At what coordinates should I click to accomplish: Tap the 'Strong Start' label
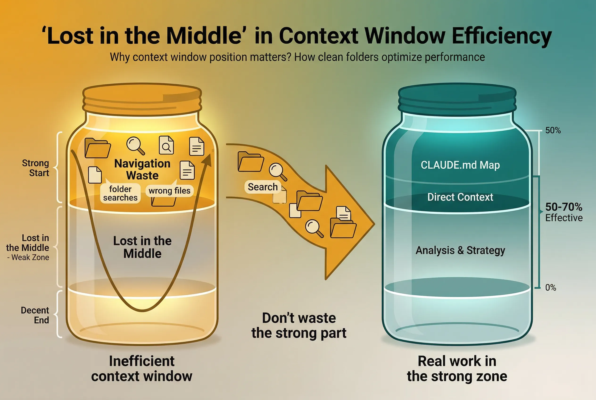click(35, 168)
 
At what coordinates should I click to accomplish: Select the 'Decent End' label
click(35, 315)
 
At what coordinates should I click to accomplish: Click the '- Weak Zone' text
click(28, 257)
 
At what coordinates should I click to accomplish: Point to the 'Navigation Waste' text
click(142, 169)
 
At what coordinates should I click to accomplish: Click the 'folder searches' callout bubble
click(120, 193)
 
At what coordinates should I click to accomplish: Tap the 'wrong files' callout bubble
click(170, 191)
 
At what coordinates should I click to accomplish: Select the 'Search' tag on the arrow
click(263, 187)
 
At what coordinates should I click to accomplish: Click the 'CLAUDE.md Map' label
click(460, 165)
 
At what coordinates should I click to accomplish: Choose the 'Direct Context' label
click(460, 197)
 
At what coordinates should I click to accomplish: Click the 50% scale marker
click(553, 130)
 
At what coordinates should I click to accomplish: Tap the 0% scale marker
click(550, 287)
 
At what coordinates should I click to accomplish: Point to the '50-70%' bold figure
click(564, 207)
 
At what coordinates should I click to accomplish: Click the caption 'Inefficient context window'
click(142, 369)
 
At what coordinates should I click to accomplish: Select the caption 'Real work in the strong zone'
click(457, 369)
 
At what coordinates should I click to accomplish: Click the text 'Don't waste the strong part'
click(299, 325)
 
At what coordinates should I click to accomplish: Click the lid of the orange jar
click(142, 100)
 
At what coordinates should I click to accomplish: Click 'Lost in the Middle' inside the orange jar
click(142, 247)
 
